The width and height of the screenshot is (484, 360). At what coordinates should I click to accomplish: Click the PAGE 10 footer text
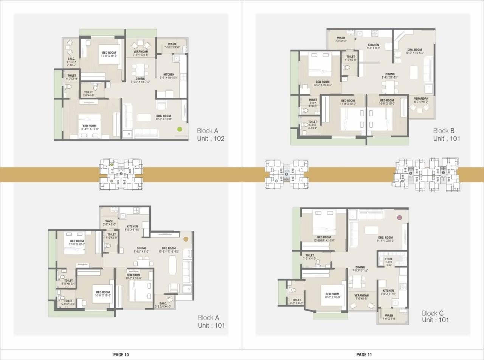(x=121, y=354)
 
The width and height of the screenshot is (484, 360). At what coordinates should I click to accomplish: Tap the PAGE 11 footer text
(x=364, y=354)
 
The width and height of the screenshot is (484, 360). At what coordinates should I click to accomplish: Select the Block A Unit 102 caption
(x=211, y=134)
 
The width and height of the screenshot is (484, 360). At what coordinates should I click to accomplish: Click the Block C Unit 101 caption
(x=435, y=317)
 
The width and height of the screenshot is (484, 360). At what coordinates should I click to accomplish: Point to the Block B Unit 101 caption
(x=447, y=134)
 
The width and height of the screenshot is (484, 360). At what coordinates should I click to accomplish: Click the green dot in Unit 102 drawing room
(x=180, y=129)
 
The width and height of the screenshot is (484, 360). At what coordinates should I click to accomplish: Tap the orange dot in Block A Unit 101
(x=186, y=239)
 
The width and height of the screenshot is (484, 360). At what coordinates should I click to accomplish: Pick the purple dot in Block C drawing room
(x=400, y=218)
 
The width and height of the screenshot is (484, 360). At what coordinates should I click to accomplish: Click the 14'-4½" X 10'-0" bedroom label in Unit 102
(x=90, y=127)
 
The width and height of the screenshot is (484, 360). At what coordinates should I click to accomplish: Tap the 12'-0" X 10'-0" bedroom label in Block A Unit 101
(x=77, y=243)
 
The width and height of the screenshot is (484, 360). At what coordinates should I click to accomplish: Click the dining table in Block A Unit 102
(x=140, y=70)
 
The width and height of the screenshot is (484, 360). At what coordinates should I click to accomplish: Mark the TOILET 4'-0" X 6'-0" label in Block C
(x=296, y=301)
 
